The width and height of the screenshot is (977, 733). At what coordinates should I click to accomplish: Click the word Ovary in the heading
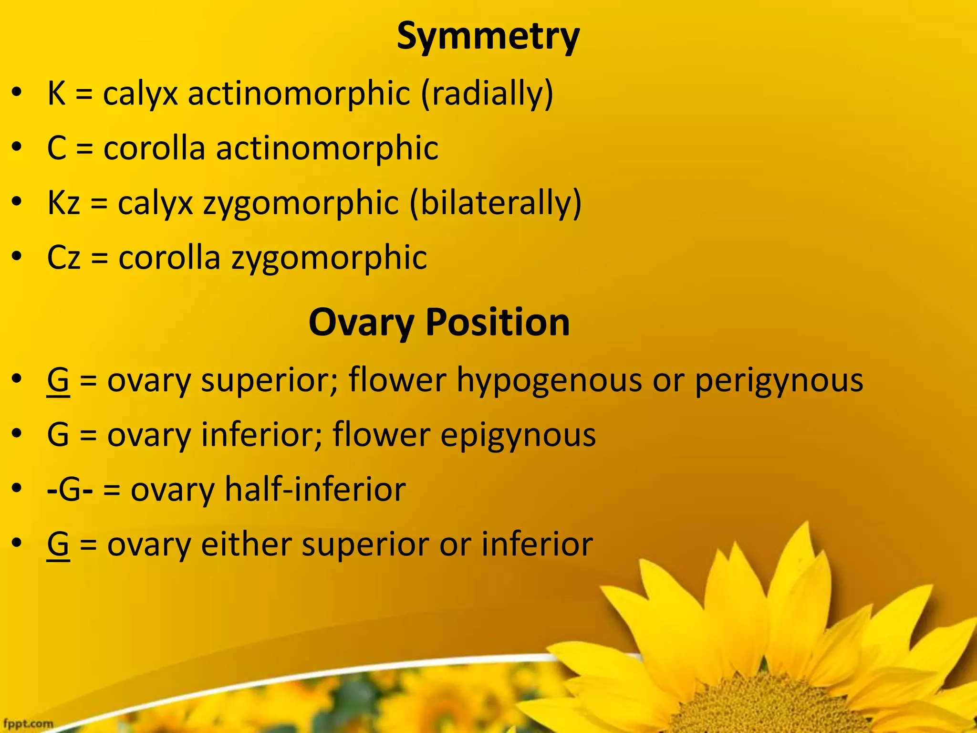click(361, 323)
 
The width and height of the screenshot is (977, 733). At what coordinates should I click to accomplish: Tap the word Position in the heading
click(497, 322)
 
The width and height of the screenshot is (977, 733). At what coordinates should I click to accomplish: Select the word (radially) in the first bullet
click(487, 94)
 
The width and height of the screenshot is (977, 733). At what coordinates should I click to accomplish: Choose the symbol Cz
click(63, 258)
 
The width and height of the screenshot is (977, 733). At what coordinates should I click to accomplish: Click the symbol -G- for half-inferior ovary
click(70, 490)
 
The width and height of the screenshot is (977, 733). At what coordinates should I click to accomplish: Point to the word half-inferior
click(315, 490)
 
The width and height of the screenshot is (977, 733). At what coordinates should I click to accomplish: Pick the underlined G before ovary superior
click(58, 381)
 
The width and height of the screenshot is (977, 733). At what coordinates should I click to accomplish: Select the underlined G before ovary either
click(58, 545)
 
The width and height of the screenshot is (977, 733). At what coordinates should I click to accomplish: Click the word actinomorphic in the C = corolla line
click(327, 148)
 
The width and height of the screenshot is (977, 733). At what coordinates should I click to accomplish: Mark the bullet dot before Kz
click(17, 202)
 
